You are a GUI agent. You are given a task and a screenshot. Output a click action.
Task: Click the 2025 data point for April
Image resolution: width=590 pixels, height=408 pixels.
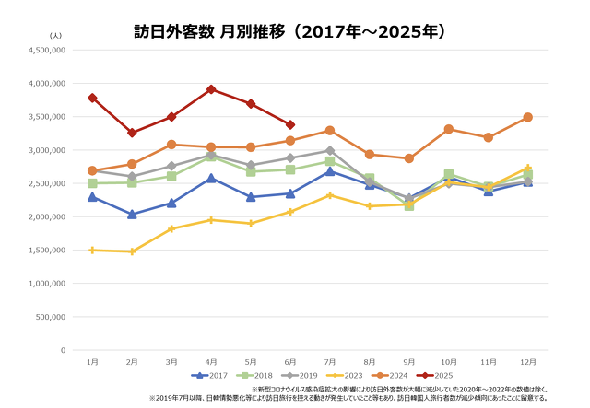[211, 89]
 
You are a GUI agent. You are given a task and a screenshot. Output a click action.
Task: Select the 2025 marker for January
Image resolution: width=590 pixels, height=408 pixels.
[92, 98]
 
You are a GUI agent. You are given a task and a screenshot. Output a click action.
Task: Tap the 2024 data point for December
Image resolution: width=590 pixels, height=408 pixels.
[527, 117]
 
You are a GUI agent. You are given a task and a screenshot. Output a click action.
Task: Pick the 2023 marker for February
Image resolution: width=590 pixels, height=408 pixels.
[132, 251]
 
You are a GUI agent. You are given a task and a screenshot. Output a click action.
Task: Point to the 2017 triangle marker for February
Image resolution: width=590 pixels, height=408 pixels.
[132, 214]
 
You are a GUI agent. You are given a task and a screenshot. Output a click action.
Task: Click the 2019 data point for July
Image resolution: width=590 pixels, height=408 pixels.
[330, 150]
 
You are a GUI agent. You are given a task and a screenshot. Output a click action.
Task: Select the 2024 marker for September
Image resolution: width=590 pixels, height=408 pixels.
[408, 158]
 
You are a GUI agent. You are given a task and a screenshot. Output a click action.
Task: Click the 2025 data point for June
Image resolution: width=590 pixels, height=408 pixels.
[290, 124]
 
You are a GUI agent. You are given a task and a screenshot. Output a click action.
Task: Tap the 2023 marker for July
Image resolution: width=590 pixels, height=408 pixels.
[330, 195]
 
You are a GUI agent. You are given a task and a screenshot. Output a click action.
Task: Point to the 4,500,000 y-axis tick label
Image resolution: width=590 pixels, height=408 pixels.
[45, 50]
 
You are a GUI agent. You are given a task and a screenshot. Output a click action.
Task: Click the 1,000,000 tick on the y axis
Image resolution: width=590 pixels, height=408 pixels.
[45, 284]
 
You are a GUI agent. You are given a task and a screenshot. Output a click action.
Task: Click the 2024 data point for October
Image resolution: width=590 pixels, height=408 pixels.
[448, 129]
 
